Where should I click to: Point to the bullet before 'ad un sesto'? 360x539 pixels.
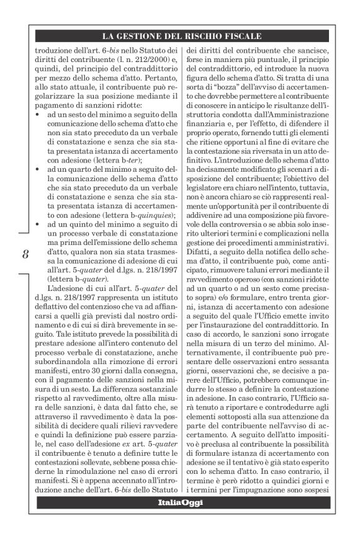pos(37,115)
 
